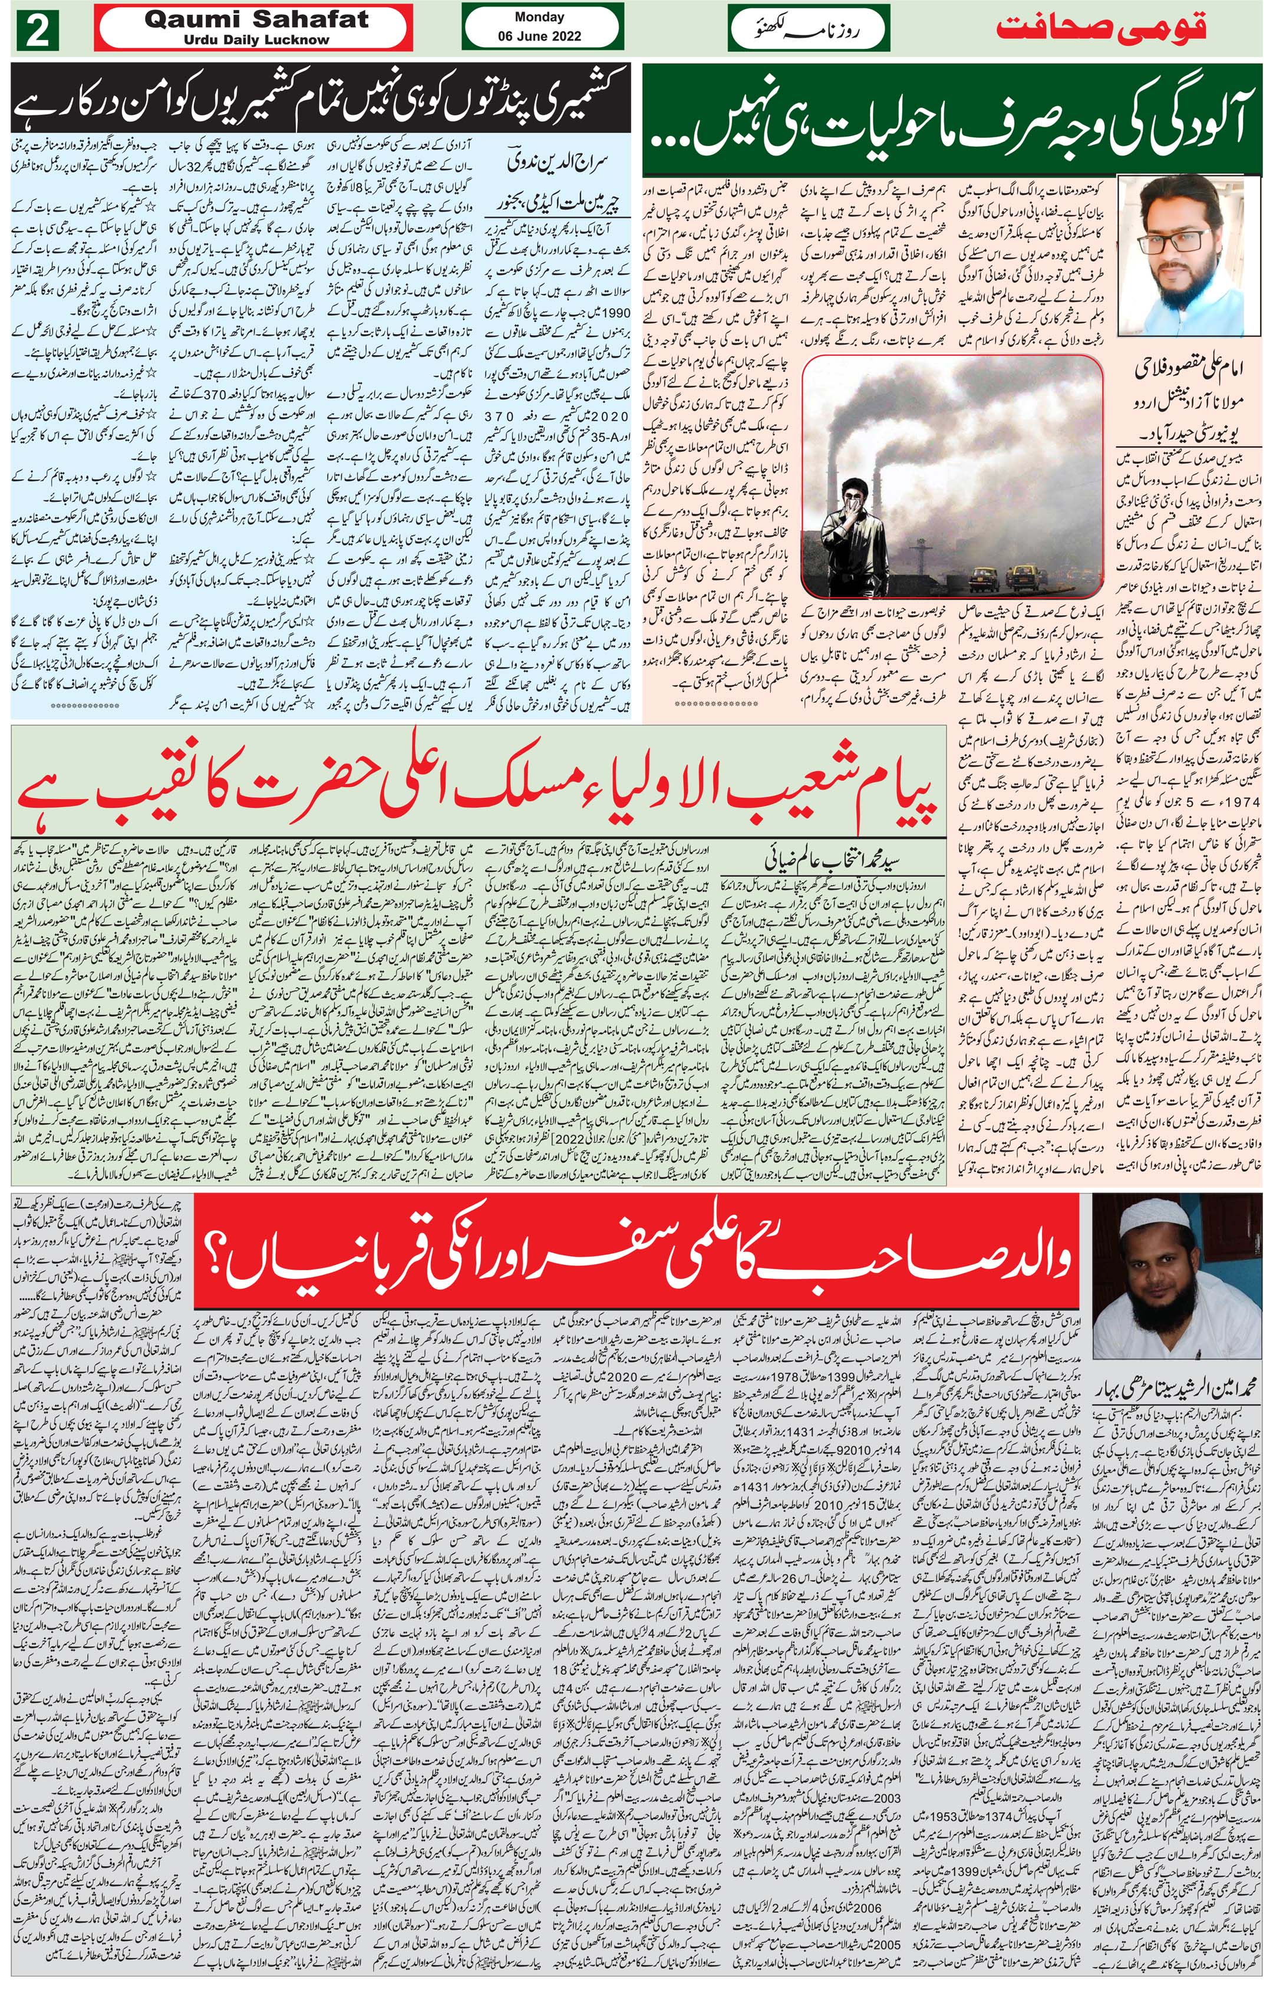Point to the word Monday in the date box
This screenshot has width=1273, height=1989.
(539, 16)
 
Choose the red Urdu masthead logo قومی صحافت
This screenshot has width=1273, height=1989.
(1101, 28)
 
